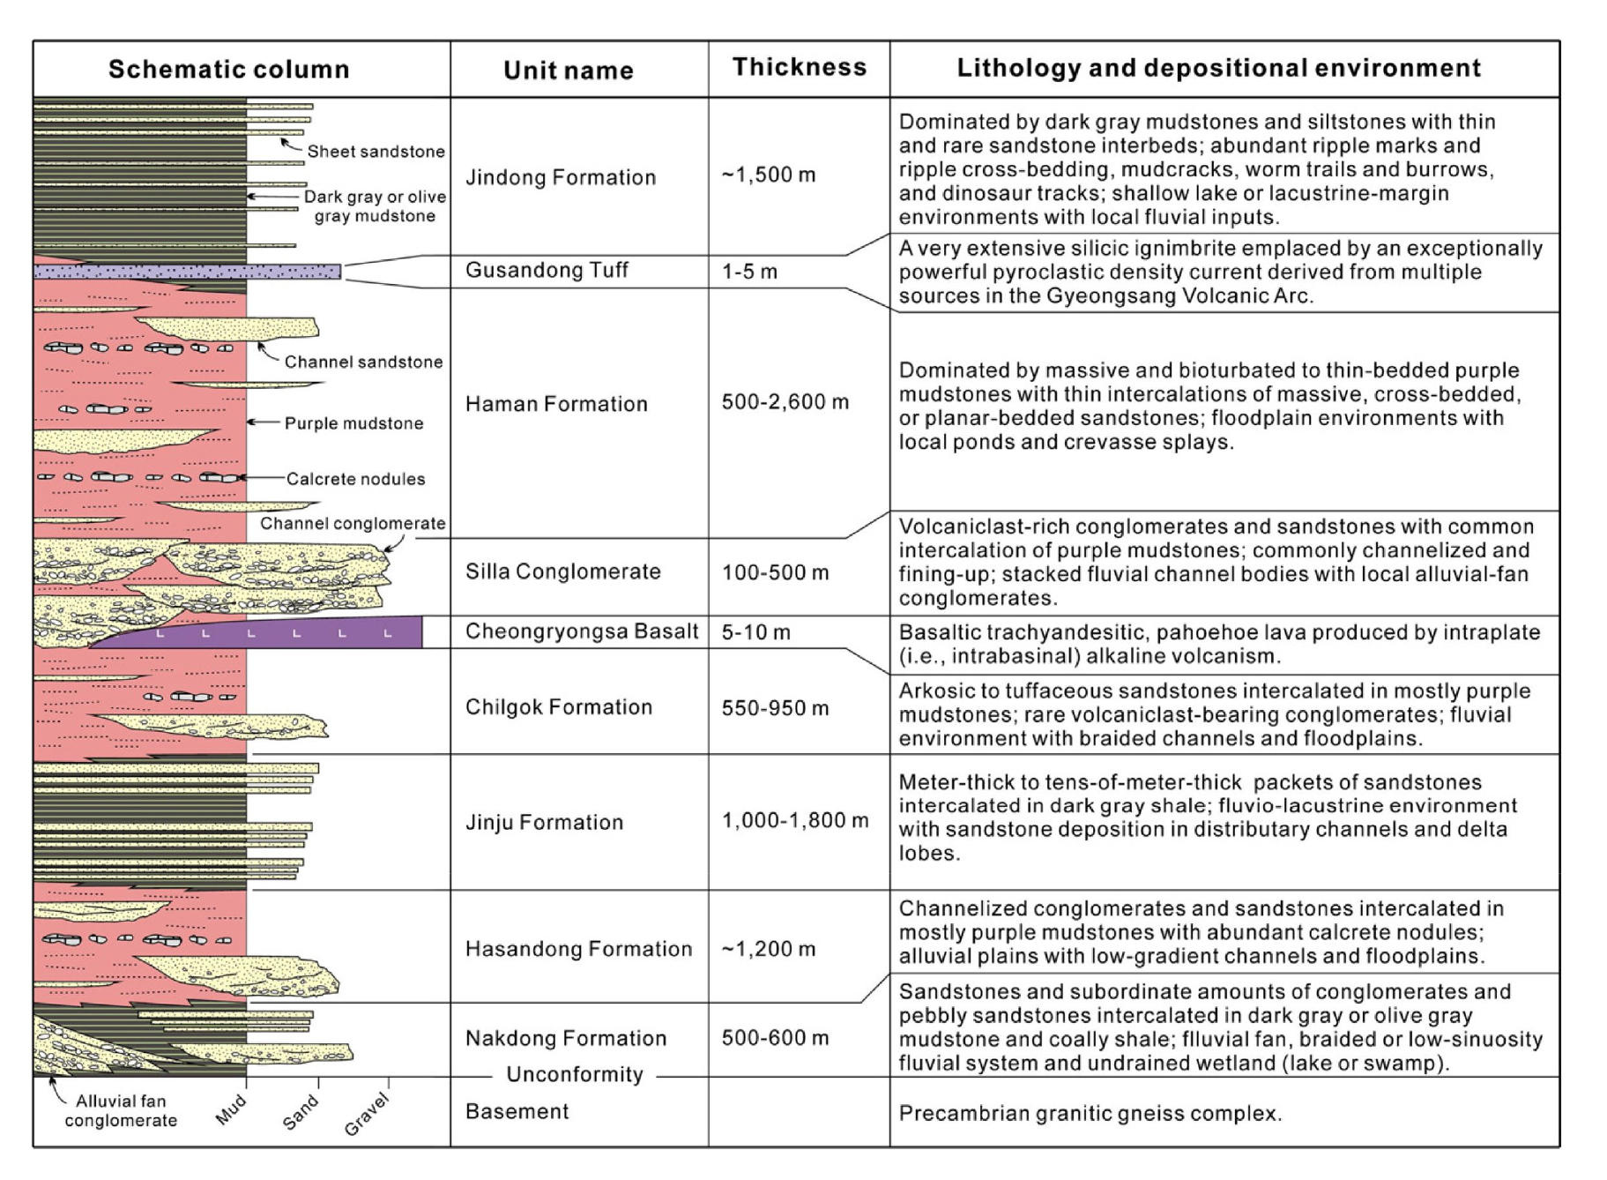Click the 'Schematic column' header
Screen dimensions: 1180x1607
click(228, 70)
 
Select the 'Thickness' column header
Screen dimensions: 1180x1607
click(799, 68)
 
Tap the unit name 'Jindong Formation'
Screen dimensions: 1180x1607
click(561, 177)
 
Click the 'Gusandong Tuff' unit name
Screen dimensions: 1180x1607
click(547, 270)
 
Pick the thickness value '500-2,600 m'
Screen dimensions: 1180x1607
click(785, 402)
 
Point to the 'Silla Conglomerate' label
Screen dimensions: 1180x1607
click(562, 571)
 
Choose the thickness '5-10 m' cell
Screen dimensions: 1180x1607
click(755, 632)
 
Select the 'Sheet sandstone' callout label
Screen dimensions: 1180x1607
click(376, 152)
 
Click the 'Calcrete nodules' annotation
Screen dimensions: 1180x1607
click(355, 479)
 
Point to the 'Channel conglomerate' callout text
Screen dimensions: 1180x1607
click(353, 524)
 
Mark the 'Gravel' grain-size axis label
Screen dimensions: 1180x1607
click(366, 1114)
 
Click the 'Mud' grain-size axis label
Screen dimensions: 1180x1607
click(231, 1110)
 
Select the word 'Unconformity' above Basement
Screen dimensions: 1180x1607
click(574, 1075)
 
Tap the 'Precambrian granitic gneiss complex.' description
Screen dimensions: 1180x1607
click(1090, 1113)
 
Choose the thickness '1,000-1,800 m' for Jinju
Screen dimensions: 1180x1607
click(795, 821)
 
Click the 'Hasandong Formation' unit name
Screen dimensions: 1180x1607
click(578, 949)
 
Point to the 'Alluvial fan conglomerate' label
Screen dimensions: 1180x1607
click(121, 1110)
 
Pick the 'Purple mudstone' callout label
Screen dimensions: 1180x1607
click(353, 423)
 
